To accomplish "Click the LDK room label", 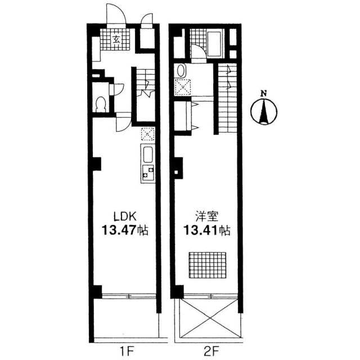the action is point(125,216).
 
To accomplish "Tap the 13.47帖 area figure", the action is point(125,230).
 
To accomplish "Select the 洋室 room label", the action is point(206,216).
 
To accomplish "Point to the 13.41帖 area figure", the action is point(206,230).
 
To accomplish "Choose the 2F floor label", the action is point(210,351).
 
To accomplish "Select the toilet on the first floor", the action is point(101,104).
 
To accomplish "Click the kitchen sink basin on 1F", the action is point(148,154).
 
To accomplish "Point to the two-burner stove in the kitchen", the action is point(148,173).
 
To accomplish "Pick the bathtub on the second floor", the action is point(215,43).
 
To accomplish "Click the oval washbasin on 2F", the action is point(181,71).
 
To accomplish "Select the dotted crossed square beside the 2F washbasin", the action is point(182,87).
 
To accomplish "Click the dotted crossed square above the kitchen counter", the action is point(147,134).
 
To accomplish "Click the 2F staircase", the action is point(227,98).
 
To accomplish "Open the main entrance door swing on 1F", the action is point(116,13).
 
